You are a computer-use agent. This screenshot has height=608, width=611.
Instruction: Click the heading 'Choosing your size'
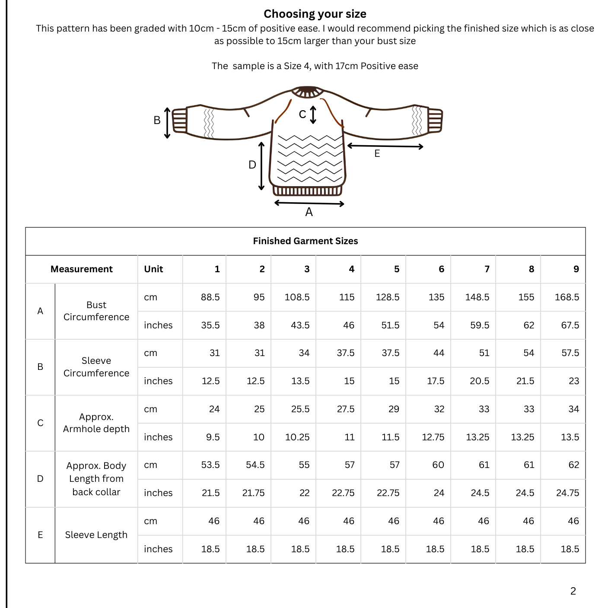[315, 14]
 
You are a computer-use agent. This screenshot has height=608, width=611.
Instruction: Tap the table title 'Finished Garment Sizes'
[305, 241]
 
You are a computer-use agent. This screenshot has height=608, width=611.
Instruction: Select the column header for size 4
[351, 269]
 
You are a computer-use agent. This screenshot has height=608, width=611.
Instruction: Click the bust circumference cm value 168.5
[566, 297]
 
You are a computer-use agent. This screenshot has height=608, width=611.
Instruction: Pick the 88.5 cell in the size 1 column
[210, 297]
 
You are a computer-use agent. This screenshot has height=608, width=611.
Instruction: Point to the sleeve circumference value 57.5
[570, 353]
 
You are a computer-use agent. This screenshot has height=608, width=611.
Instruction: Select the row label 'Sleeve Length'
[96, 535]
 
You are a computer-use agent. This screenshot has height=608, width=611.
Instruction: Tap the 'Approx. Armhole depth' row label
[96, 423]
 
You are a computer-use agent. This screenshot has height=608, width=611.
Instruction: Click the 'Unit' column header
[153, 269]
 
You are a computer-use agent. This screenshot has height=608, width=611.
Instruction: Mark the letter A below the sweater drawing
[309, 212]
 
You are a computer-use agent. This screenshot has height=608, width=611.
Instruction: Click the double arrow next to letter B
[167, 123]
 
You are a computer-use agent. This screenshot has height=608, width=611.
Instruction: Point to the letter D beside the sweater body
[252, 165]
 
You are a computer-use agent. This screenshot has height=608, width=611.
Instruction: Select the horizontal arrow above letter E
[385, 146]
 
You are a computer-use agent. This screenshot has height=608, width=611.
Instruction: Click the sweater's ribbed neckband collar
[307, 92]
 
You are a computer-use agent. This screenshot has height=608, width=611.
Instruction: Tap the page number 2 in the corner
[573, 591]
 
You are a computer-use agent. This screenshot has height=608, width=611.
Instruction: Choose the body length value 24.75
[567, 493]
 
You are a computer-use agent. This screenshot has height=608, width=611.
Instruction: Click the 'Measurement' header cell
[81, 269]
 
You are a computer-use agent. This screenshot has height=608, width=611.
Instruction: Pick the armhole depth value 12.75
[433, 437]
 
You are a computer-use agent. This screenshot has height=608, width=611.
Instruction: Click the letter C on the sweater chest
[302, 114]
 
